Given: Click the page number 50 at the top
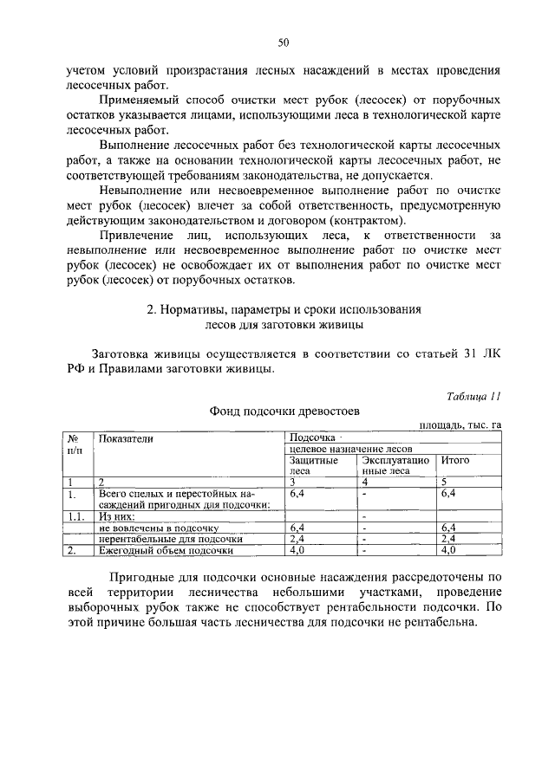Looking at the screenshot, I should pyautogui.click(x=283, y=41).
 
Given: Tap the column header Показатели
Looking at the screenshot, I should pyautogui.click(x=126, y=438).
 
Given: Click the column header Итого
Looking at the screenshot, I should pyautogui.click(x=455, y=460).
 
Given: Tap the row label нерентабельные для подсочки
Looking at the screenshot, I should pyautogui.click(x=164, y=538).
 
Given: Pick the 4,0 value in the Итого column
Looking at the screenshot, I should pyautogui.click(x=448, y=550).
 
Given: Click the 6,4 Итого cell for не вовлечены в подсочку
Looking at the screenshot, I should pyautogui.click(x=448, y=527).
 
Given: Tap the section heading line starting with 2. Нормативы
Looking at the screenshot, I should pyautogui.click(x=283, y=309).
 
